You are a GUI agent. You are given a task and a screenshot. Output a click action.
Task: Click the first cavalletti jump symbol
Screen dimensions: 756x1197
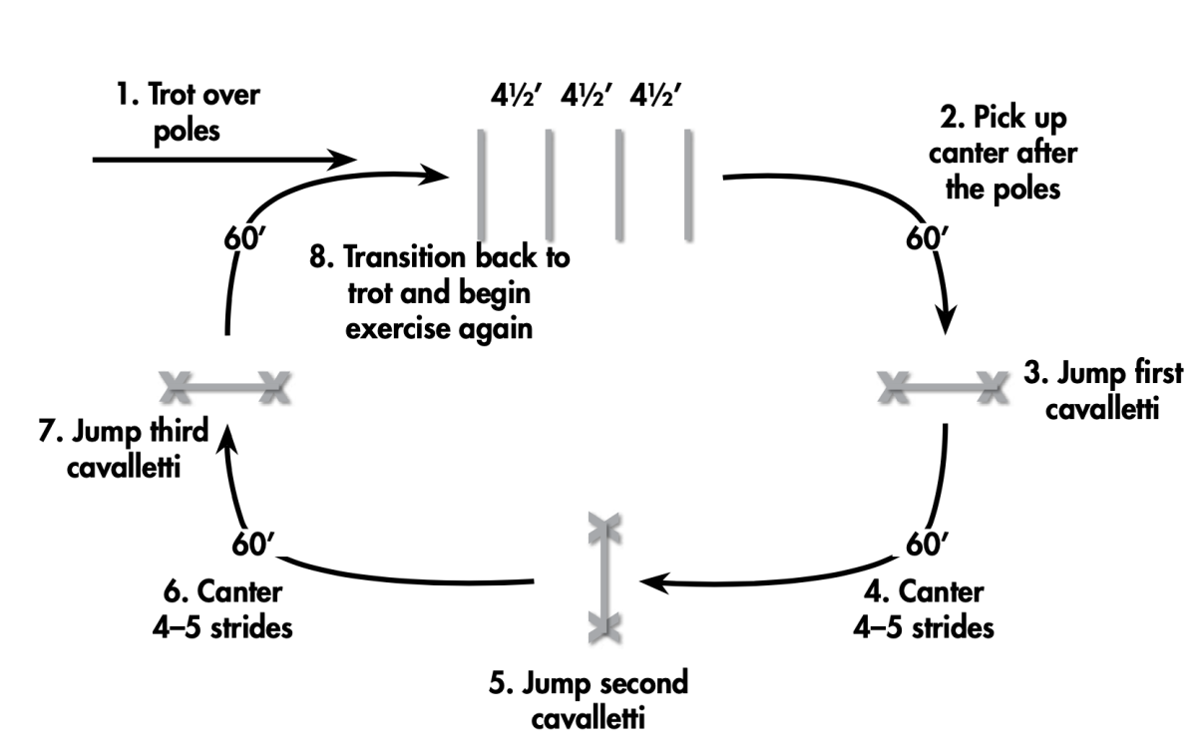pyautogui.click(x=939, y=386)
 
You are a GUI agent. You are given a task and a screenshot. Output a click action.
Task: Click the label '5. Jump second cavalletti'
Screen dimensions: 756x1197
pyautogui.click(x=588, y=700)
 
